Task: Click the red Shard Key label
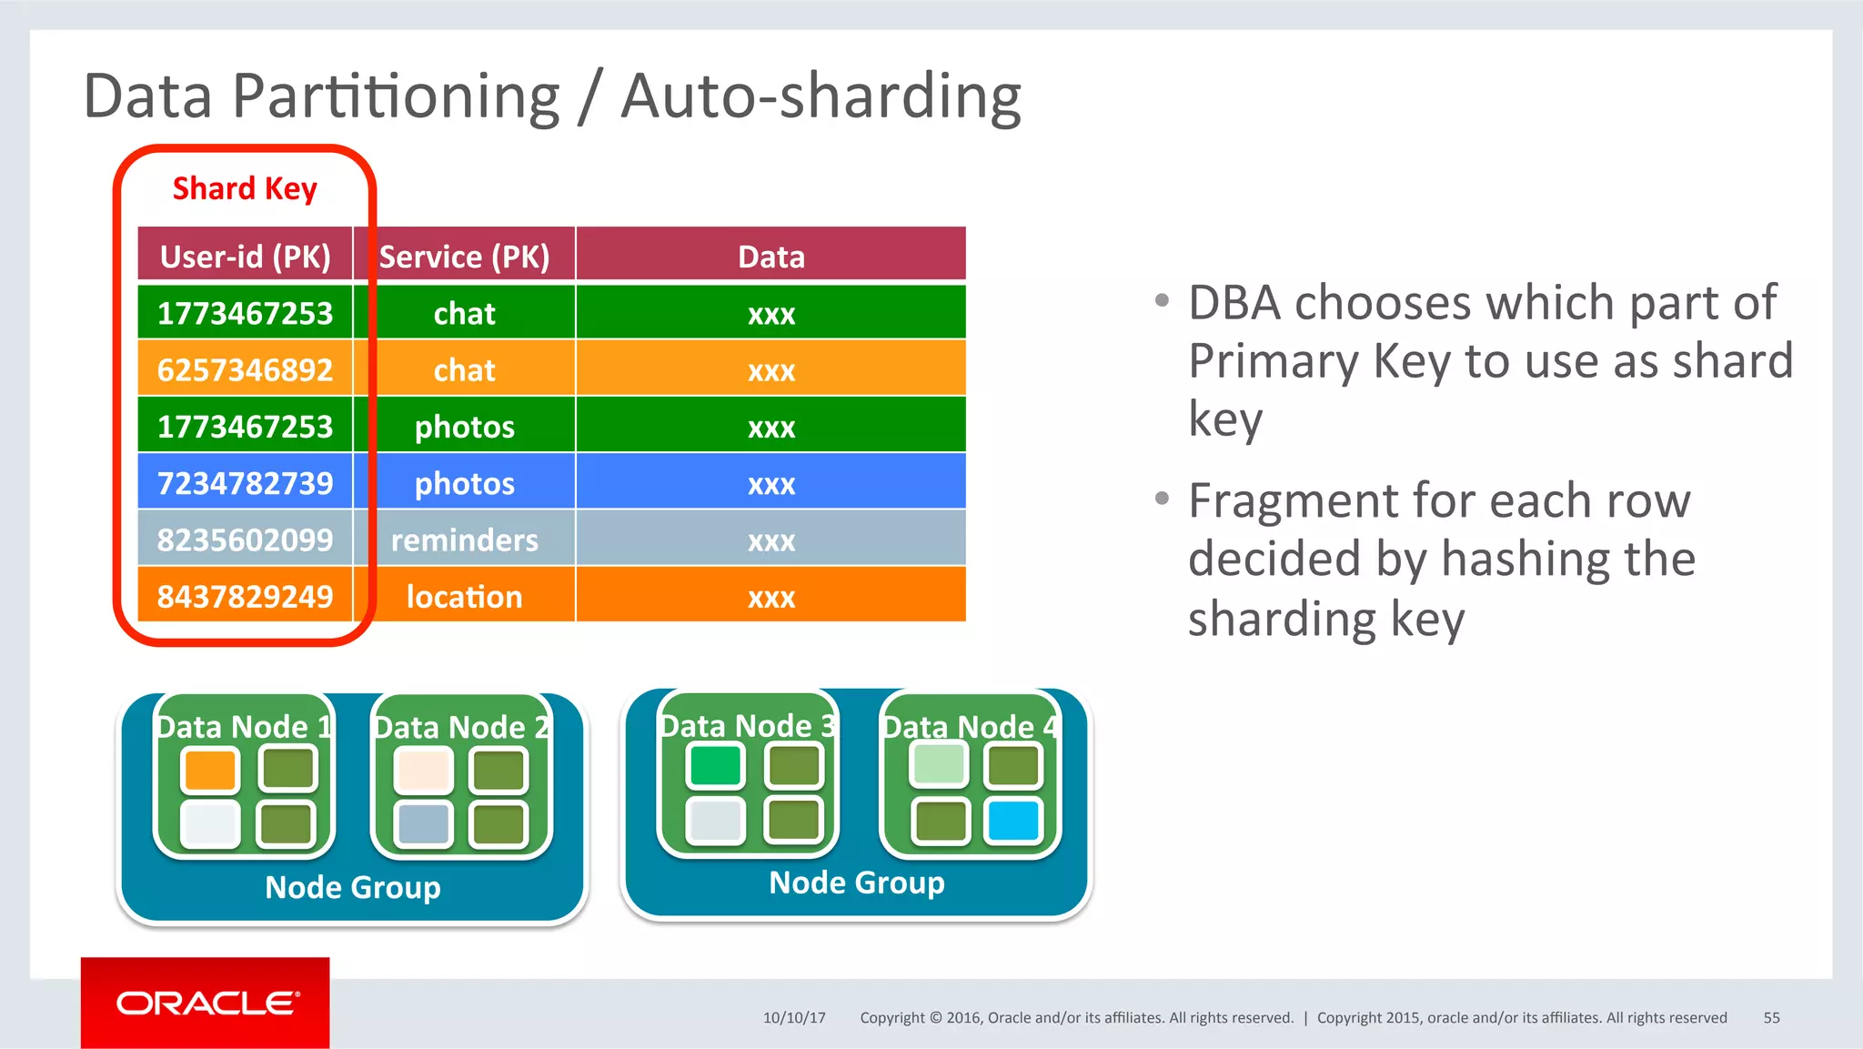(x=245, y=188)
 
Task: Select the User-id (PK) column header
(x=245, y=257)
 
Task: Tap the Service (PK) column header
(x=464, y=257)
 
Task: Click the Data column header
(x=770, y=257)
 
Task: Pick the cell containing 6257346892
(x=245, y=369)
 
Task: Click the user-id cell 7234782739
(x=245, y=482)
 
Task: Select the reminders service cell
(x=464, y=540)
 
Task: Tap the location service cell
(x=464, y=596)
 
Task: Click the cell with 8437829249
(x=245, y=596)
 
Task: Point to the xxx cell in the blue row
(x=770, y=482)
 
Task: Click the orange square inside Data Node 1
(x=210, y=771)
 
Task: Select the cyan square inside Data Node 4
(x=1013, y=821)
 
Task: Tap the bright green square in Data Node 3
(x=715, y=766)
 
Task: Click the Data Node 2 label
(x=461, y=727)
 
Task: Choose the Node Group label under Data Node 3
(x=856, y=882)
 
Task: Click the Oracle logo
(x=206, y=1003)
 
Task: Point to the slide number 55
(x=1771, y=1017)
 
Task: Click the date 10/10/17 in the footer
(x=794, y=1017)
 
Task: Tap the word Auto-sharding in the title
(x=821, y=96)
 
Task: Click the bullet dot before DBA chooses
(x=1162, y=300)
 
